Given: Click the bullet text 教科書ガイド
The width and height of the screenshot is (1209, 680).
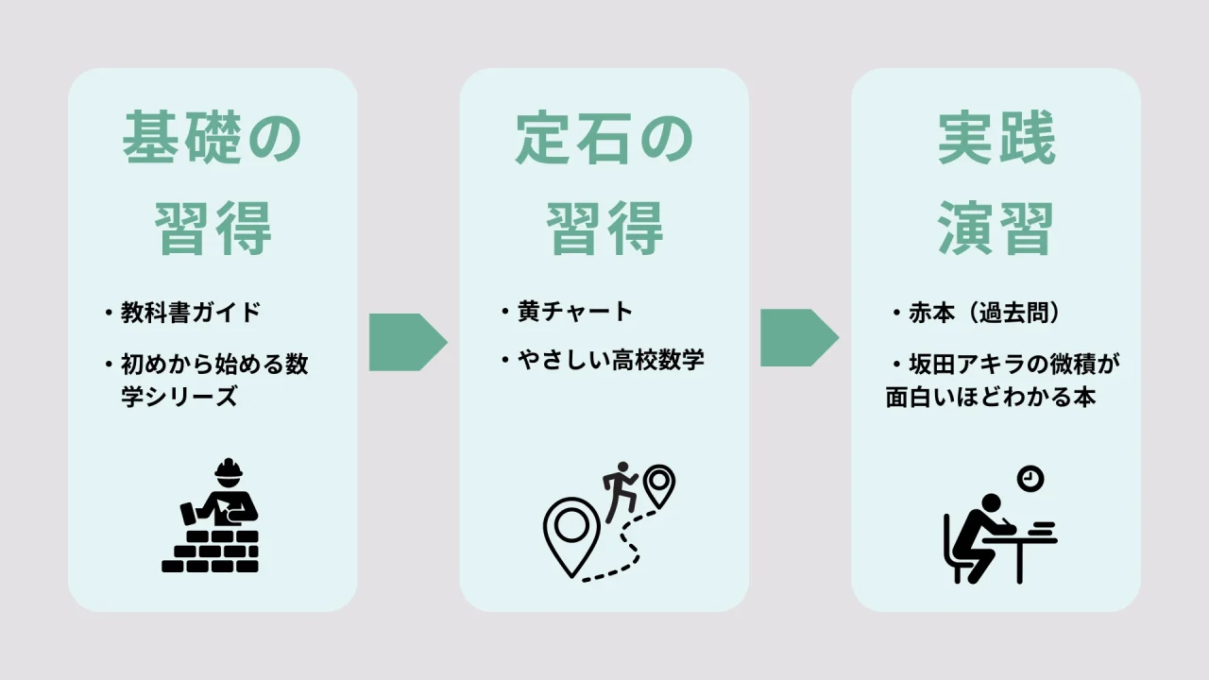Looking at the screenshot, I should [190, 313].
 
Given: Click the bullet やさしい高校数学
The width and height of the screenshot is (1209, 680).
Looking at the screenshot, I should [610, 361].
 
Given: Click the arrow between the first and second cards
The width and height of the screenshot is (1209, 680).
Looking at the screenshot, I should [407, 341].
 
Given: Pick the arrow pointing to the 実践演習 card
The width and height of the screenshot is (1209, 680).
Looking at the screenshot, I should [799, 337].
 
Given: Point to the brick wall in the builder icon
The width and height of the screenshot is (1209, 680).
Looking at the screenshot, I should [211, 552].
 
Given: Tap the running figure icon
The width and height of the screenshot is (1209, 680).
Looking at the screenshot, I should [620, 490].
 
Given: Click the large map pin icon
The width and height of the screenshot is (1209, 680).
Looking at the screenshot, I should [570, 533].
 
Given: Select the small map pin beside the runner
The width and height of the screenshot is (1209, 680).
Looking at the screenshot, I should [658, 484].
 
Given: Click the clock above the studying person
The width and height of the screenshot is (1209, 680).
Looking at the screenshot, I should [1030, 479].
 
